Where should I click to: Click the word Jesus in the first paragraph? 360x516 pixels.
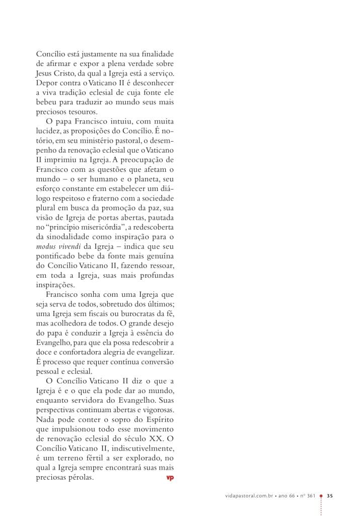[x=45, y=73]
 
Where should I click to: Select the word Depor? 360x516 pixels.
[x=46, y=83]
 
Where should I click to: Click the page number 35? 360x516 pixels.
[x=330, y=495]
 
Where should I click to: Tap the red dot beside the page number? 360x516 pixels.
[x=321, y=495]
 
